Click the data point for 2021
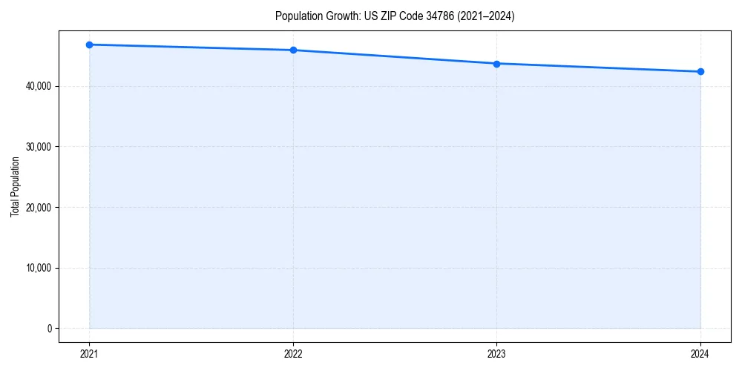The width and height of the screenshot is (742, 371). (x=89, y=45)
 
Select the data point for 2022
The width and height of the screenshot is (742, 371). (x=293, y=50)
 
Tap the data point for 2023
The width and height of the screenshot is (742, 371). (x=496, y=64)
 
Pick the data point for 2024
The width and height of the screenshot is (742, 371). (x=700, y=72)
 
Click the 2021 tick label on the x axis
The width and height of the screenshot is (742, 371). (x=89, y=353)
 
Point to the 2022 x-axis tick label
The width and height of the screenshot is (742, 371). (x=293, y=353)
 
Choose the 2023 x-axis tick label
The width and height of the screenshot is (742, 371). (x=496, y=353)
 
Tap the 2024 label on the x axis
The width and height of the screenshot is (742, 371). (x=700, y=353)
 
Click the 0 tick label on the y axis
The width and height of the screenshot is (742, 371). (x=49, y=329)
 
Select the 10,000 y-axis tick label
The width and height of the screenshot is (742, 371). (x=37, y=268)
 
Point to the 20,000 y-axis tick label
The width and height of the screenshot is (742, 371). (x=37, y=207)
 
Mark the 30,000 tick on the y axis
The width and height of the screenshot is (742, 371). (x=37, y=147)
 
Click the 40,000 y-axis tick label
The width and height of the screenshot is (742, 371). (x=37, y=86)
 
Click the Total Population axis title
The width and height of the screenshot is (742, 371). (x=15, y=186)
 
